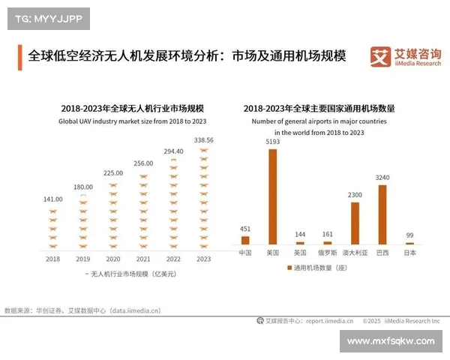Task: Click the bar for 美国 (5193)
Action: coord(273,196)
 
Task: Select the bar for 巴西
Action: coord(382,214)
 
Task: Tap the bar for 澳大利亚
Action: coord(355,223)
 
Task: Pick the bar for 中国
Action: coord(245,240)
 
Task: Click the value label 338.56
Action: coord(203,139)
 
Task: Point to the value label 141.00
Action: coord(52,199)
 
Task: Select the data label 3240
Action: coord(382,178)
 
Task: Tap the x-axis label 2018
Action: coord(52,259)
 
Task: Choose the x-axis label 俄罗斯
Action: coord(327,253)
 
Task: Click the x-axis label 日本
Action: coord(409,253)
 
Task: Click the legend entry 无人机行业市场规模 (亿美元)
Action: coord(129,274)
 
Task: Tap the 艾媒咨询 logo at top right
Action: coord(404,57)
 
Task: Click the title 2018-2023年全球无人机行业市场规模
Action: coord(128,109)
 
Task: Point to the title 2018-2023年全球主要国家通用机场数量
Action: coord(319,109)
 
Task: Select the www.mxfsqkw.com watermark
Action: coord(391,341)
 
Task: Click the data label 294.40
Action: coord(173,151)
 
